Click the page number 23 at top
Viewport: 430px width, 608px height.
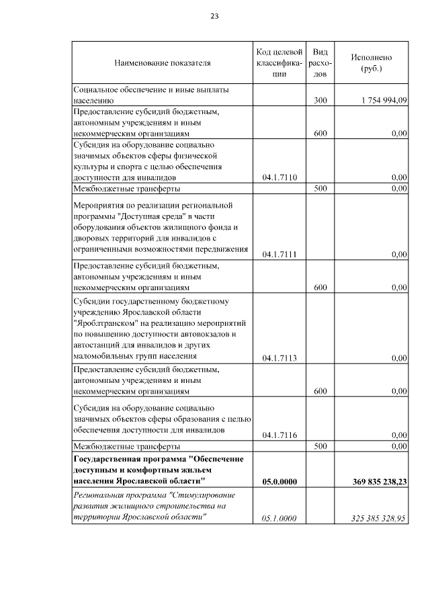[214, 16]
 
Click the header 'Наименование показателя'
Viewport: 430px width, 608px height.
[162, 63]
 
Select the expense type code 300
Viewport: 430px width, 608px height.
[320, 100]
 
